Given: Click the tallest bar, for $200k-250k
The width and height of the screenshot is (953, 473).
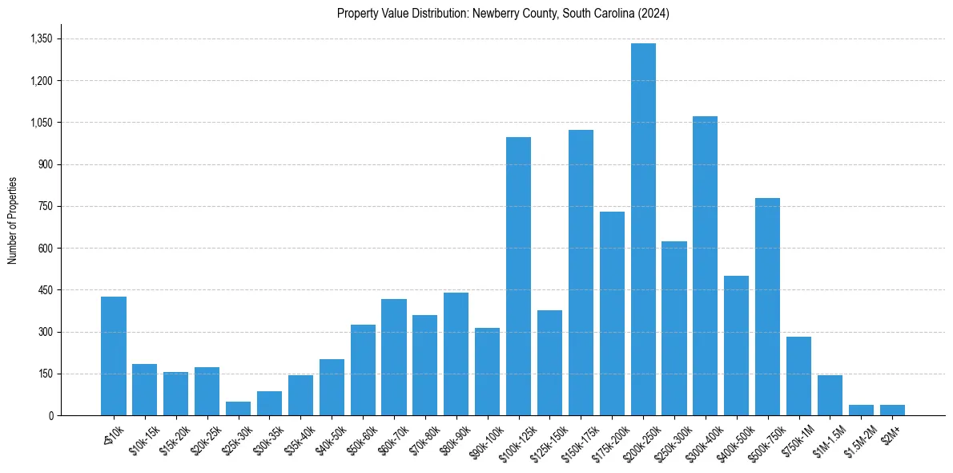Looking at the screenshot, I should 643,229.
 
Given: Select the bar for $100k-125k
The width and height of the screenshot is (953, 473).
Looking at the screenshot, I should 518,277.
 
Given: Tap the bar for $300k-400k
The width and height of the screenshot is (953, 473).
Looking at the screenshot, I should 706,266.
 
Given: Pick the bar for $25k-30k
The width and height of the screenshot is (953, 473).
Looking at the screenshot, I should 238,408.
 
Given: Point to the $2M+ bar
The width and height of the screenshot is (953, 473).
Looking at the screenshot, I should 892,410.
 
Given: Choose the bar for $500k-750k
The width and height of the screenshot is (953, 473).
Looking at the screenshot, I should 767,307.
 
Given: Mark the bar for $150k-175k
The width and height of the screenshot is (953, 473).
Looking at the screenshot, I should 581,273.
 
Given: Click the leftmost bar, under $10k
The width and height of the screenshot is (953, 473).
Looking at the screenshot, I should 114,356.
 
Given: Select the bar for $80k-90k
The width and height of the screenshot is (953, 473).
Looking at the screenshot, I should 456,354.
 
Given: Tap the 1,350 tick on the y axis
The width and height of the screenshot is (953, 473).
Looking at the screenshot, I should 41,38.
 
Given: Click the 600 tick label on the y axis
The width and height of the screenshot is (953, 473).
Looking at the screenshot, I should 45,248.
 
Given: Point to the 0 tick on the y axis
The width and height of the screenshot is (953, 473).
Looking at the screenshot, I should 50,415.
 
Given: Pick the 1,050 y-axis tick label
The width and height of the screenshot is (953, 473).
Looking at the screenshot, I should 41,123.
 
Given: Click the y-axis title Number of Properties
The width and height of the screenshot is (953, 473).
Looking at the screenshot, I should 13,220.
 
